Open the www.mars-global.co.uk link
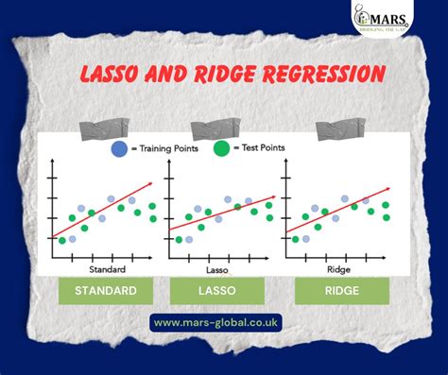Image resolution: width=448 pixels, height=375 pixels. coord(224,323)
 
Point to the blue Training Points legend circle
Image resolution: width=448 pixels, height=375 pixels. coord(119,148)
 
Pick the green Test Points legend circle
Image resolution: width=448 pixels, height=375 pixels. coord(221,148)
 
